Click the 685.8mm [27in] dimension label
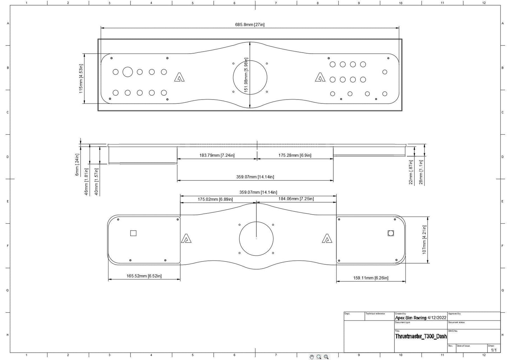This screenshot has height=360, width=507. (x=249, y=25)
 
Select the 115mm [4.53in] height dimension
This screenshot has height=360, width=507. (x=81, y=79)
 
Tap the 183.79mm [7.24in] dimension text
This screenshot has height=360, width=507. (x=217, y=155)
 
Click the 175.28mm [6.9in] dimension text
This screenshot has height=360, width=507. (x=295, y=155)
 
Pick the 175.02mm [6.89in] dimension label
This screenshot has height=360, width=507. (x=215, y=199)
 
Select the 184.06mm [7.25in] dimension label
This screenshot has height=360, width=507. (x=296, y=199)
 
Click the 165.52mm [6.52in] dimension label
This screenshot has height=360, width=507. (x=144, y=276)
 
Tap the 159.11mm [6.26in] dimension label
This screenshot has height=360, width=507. (x=371, y=278)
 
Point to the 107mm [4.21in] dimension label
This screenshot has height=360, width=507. (x=424, y=239)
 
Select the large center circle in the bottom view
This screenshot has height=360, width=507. (x=256, y=239)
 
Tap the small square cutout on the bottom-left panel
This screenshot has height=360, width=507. (x=133, y=233)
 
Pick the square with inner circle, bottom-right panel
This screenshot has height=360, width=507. (x=391, y=233)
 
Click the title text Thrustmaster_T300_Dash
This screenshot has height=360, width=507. (x=421, y=337)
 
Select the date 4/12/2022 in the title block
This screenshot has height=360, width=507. (x=437, y=318)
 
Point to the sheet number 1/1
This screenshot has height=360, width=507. (x=493, y=350)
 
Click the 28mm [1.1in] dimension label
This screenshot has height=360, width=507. (x=421, y=172)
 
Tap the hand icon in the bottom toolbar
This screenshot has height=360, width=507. (x=312, y=357)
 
